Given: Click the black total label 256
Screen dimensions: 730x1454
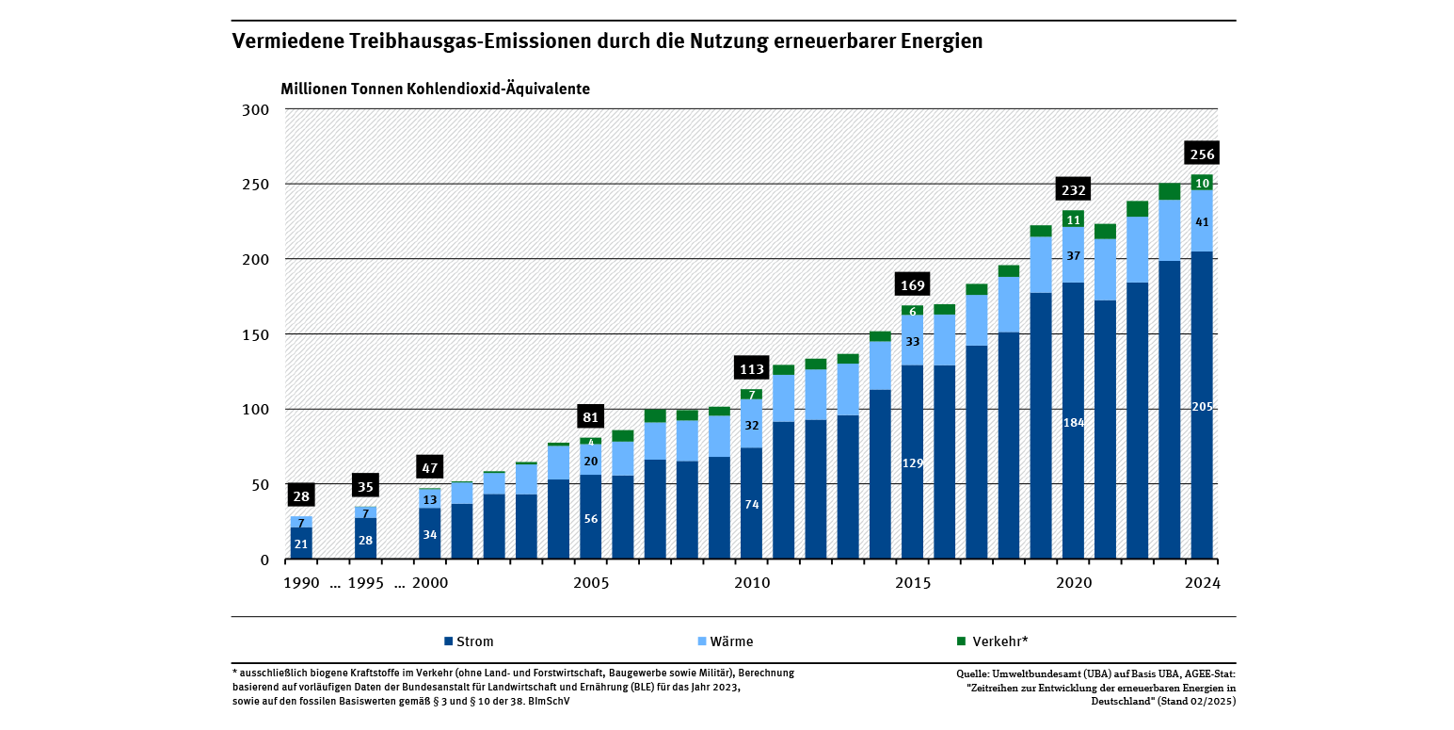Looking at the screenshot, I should (1202, 154).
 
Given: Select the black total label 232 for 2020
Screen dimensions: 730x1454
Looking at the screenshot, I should (1074, 190).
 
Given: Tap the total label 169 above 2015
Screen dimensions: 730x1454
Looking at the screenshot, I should (913, 285).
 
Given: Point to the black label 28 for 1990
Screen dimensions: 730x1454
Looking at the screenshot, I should (301, 496).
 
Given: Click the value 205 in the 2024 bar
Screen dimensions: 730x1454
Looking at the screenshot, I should (1202, 406).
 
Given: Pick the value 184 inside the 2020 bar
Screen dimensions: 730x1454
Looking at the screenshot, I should (1074, 423).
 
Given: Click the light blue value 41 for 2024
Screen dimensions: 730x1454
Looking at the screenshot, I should (1202, 222).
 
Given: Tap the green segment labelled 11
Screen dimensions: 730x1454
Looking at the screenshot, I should (1074, 219).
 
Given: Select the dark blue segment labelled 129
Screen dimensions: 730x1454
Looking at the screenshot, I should (913, 462).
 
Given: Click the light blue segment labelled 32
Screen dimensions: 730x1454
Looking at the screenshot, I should (752, 425).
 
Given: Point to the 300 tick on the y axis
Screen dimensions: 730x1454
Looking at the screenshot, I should (257, 109).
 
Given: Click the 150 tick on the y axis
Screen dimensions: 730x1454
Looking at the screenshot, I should (257, 334).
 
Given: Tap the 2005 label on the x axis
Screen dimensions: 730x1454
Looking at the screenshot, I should (591, 583).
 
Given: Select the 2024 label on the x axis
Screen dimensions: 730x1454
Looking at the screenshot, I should (1202, 583).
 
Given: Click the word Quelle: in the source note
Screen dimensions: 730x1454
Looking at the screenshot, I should (975, 673).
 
